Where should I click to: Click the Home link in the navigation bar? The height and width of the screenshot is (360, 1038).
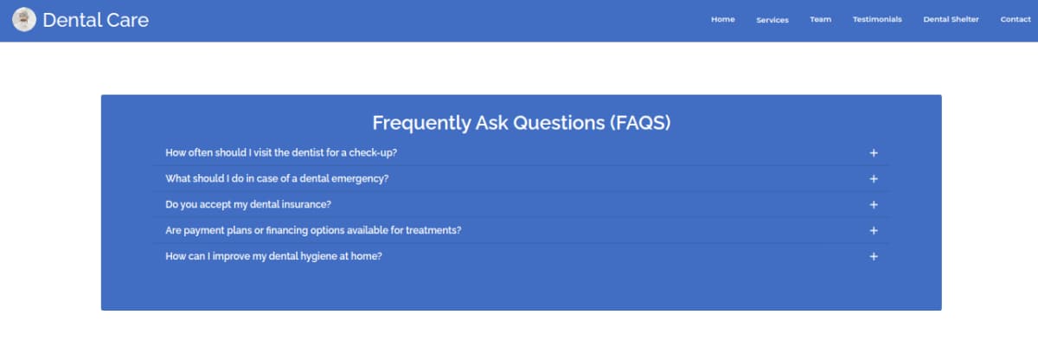pyautogui.click(x=723, y=19)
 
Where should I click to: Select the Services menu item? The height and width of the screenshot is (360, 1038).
pyautogui.click(x=772, y=20)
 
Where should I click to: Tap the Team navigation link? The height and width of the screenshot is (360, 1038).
pyautogui.click(x=821, y=19)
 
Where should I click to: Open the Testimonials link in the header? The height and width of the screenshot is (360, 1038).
pyautogui.click(x=877, y=19)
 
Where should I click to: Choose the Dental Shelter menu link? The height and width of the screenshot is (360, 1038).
pyautogui.click(x=951, y=19)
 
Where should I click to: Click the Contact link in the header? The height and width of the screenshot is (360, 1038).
pyautogui.click(x=1016, y=19)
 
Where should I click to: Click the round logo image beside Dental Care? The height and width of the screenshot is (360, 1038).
pyautogui.click(x=24, y=19)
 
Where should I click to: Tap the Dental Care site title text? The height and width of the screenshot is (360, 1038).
pyautogui.click(x=96, y=20)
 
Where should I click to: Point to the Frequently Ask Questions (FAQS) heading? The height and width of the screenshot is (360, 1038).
pyautogui.click(x=522, y=123)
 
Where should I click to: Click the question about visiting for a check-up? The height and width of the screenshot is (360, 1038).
pyautogui.click(x=281, y=153)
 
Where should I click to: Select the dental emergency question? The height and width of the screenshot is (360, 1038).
pyautogui.click(x=277, y=179)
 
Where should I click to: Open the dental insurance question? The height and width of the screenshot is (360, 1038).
pyautogui.click(x=248, y=205)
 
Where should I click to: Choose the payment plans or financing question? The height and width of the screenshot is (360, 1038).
pyautogui.click(x=313, y=230)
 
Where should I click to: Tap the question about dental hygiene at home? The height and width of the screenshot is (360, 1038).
pyautogui.click(x=274, y=256)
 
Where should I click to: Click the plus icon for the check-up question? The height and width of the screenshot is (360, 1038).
pyautogui.click(x=874, y=153)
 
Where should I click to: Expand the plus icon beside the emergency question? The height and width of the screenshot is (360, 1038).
pyautogui.click(x=874, y=179)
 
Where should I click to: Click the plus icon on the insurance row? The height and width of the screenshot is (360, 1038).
pyautogui.click(x=874, y=205)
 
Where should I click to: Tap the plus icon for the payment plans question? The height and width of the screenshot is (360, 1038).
pyautogui.click(x=874, y=231)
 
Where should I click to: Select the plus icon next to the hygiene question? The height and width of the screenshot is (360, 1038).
pyautogui.click(x=874, y=257)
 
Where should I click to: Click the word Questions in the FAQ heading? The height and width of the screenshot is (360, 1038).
pyautogui.click(x=559, y=123)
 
